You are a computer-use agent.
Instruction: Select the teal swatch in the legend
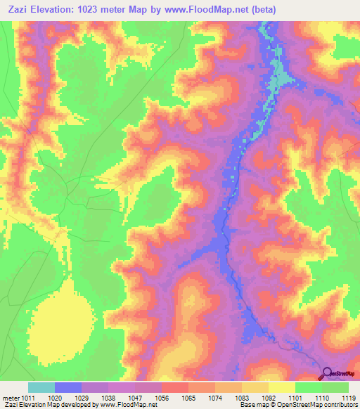pyautogui.click(x=41, y=387)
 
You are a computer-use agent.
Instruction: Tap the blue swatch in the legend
pyautogui.click(x=68, y=387)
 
